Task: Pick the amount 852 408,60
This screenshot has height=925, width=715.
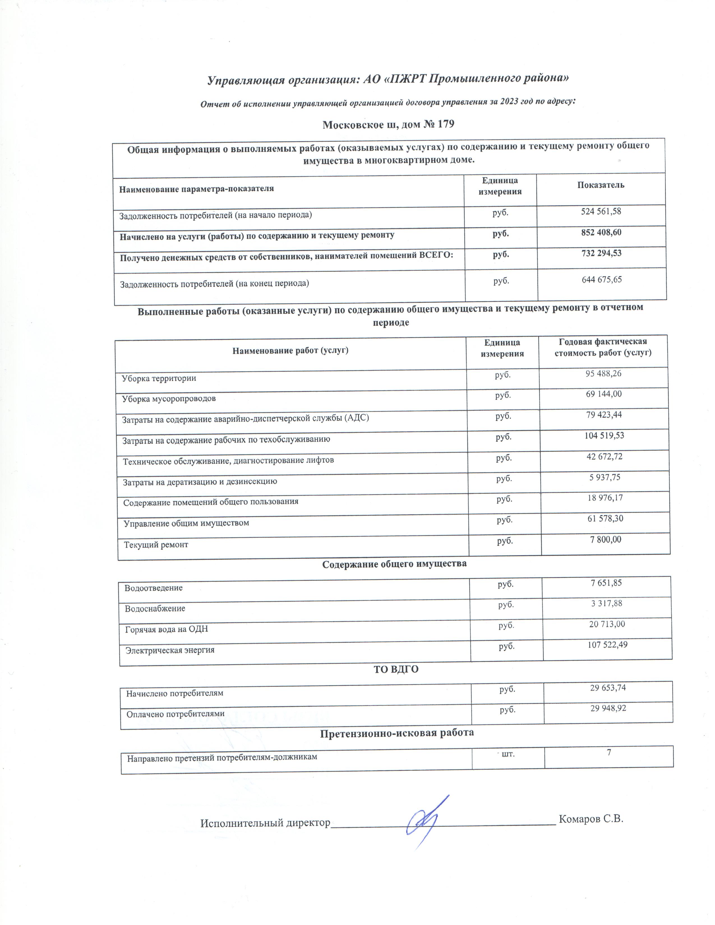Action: [x=601, y=233]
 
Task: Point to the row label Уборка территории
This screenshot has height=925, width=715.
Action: [x=159, y=378]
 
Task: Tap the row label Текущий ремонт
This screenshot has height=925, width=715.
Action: [x=156, y=545]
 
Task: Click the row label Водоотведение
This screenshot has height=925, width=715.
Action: [x=153, y=588]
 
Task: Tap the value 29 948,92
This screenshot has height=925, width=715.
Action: [x=608, y=708]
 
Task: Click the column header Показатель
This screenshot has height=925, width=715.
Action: [x=601, y=185]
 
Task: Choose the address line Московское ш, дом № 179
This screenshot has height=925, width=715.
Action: [x=388, y=124]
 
